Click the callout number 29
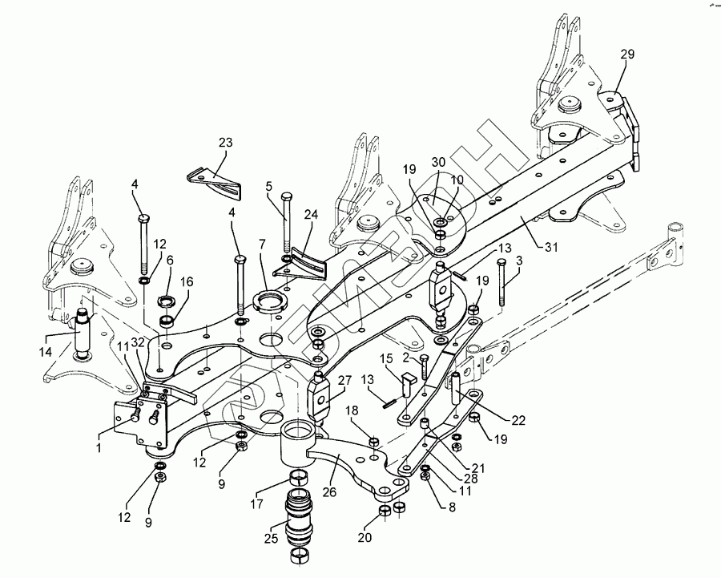click(x=626, y=55)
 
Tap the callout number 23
click(x=225, y=143)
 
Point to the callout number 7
click(x=261, y=242)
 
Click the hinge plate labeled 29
click(x=632, y=132)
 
